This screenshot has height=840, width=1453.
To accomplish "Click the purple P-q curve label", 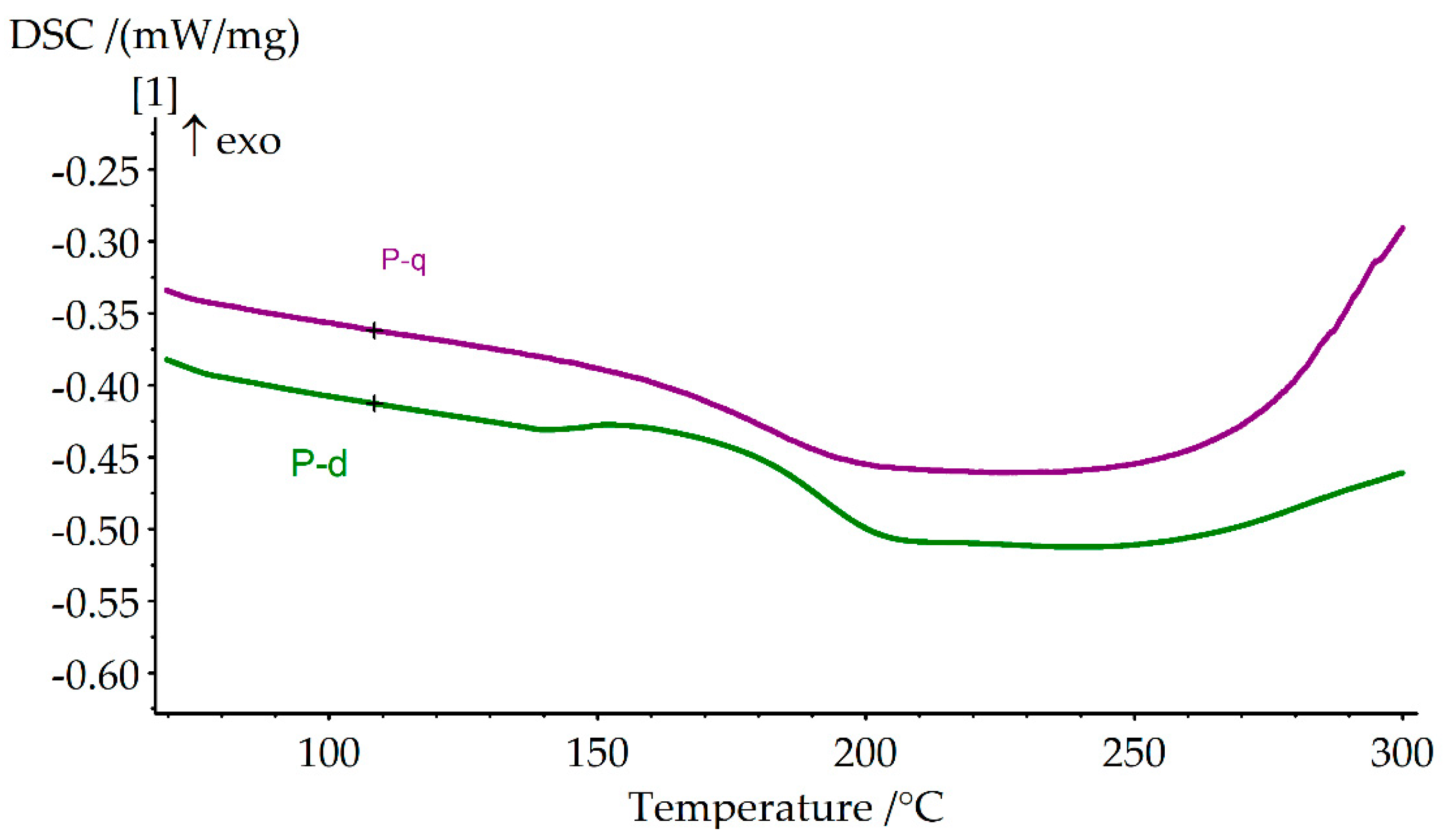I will (403, 261).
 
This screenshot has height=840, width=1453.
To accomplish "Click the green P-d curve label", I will (319, 463).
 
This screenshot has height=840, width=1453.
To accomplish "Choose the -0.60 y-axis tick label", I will (96, 675).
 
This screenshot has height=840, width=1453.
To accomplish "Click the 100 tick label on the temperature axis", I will (329, 754).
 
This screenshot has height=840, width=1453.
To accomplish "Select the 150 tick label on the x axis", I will (597, 754).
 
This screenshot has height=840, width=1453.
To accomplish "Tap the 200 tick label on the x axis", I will (865, 754).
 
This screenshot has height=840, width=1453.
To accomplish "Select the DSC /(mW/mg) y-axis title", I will (154, 37).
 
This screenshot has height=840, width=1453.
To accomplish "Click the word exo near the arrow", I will (249, 142).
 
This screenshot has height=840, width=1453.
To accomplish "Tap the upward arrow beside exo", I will (195, 136).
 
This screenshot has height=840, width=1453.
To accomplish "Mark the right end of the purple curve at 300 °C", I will (1402, 228).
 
